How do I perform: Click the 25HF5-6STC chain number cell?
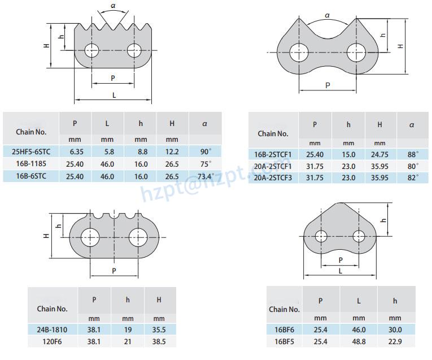(x=31, y=151)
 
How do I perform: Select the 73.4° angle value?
(x=206, y=176)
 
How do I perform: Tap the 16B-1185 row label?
(x=31, y=164)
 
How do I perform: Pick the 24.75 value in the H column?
(x=379, y=155)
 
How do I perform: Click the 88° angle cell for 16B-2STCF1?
(x=413, y=154)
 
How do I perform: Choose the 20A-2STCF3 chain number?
(x=273, y=178)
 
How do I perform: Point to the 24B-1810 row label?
(x=52, y=329)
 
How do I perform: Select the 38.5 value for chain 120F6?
(x=159, y=342)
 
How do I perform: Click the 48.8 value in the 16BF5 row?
(x=359, y=342)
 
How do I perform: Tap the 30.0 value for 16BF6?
(x=395, y=329)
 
